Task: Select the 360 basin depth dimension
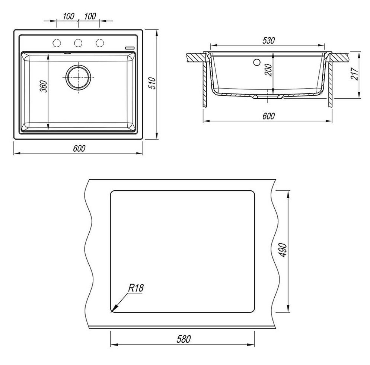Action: coord(44,86)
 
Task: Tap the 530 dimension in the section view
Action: coord(268,40)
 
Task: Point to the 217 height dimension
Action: coord(355,74)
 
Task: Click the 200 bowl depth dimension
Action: coord(268,70)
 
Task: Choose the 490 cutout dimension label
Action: coord(283,250)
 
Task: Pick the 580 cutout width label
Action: coord(184,339)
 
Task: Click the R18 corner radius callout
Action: coord(136,288)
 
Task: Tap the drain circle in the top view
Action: coord(78,77)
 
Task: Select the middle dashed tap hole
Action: coord(78,43)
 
